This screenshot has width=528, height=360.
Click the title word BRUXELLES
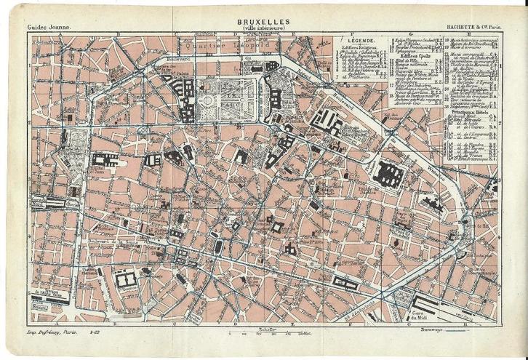[263, 22]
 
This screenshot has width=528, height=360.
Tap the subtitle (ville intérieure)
[263, 29]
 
